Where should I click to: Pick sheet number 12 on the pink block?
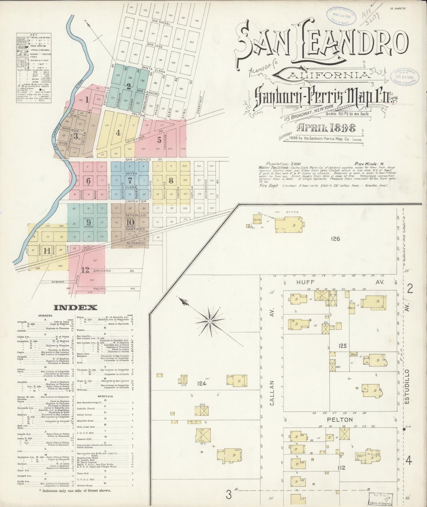(85, 270)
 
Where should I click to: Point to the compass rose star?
(209, 321)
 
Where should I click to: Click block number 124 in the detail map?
(202, 384)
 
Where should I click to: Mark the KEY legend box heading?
(33, 35)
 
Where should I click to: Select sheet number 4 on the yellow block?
(118, 133)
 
